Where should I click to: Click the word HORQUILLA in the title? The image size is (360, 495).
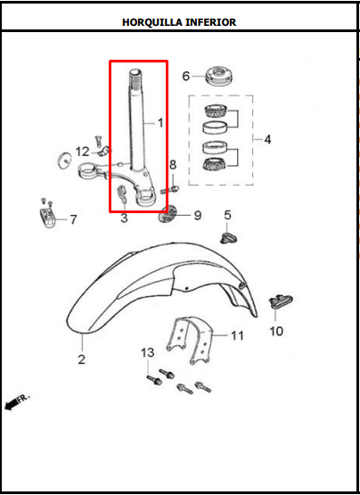151,22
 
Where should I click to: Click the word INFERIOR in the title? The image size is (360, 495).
210,22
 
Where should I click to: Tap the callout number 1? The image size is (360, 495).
160,122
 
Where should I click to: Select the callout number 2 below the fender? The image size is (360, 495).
81,360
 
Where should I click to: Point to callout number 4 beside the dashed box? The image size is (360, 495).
267,139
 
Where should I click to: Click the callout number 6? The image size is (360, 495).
186,77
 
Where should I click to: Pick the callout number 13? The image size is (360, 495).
148,354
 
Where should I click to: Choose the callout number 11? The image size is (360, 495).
237,335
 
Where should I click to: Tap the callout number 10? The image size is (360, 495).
276,331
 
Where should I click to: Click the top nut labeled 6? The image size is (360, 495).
218,75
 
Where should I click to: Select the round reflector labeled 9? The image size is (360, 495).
168,216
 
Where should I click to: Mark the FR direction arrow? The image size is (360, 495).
16,400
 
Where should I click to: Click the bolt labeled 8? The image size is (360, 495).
174,188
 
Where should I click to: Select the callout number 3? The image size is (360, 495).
124,218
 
